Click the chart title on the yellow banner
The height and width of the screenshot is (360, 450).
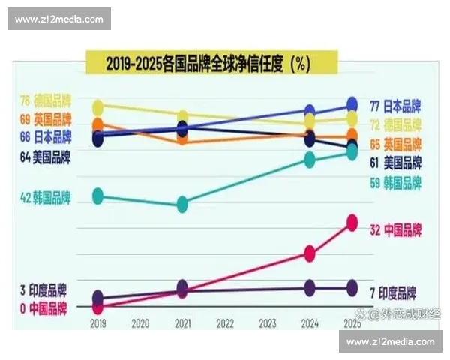point(208,64)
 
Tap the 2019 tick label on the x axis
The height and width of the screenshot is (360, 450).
point(97,323)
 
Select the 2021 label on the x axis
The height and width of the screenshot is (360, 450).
point(182,323)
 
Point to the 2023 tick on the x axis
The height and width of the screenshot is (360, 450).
point(267,323)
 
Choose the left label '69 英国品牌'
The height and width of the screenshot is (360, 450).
point(46,119)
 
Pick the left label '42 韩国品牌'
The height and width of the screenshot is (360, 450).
point(46,198)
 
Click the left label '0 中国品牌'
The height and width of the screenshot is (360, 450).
point(43,307)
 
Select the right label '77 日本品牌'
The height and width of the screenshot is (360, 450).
point(396,105)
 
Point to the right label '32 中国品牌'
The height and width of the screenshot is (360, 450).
point(396,229)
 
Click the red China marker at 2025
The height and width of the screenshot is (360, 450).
point(351,223)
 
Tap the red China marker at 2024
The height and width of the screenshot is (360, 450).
point(309,253)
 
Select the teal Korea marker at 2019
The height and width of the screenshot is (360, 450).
point(97,196)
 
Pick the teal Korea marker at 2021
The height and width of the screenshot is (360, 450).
point(182,204)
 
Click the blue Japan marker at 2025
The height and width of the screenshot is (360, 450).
point(351,104)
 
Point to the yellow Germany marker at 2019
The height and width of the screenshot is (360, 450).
point(97,107)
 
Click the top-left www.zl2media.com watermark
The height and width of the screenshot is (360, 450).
point(59,19)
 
